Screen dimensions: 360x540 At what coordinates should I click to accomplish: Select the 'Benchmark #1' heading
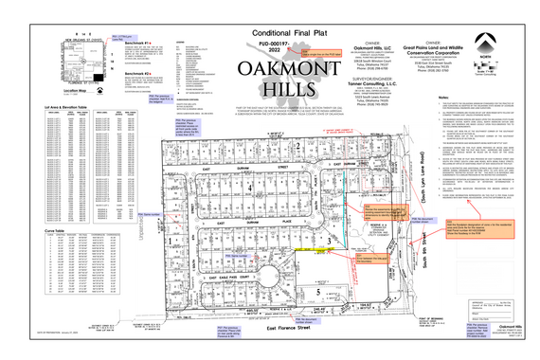pyautogui.click(x=135, y=44)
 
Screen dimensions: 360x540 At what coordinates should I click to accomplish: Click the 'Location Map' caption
pyautogui.click(x=76, y=91)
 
